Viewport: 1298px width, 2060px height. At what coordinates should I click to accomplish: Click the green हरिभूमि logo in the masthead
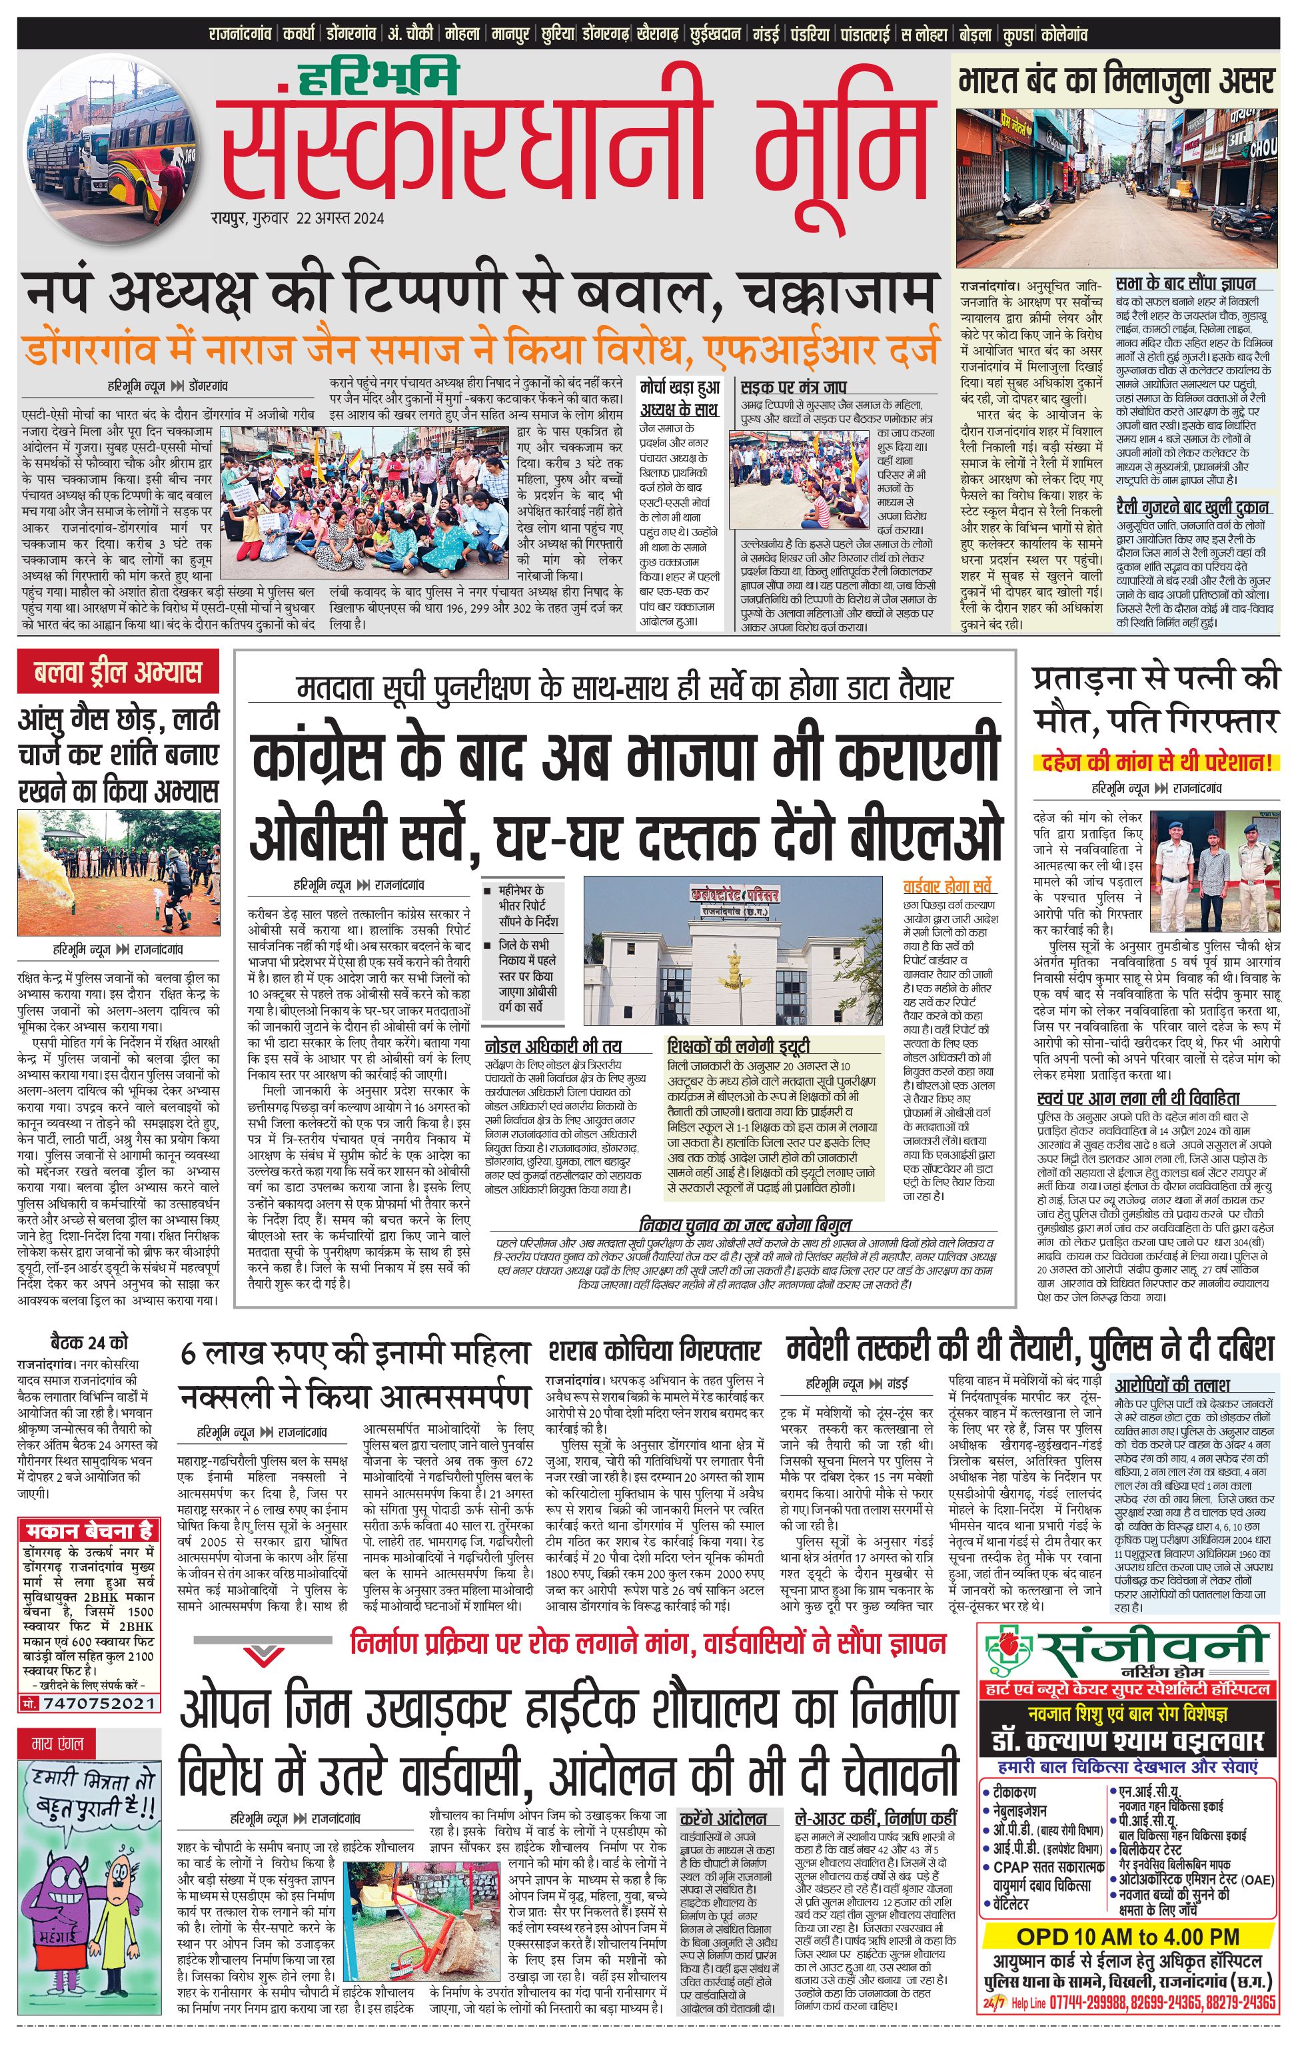(x=379, y=79)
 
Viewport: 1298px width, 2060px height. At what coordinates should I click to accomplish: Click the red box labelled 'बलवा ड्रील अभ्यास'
(x=118, y=673)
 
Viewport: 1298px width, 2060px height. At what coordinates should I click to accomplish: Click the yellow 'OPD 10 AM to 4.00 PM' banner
(x=1127, y=1937)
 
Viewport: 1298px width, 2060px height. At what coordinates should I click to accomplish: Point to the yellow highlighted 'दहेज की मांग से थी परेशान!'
(x=1155, y=761)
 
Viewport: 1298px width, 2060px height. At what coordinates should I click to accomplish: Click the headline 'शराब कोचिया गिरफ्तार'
(x=654, y=1351)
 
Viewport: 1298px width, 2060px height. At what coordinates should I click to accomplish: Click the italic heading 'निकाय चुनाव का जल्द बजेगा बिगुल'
(x=745, y=1224)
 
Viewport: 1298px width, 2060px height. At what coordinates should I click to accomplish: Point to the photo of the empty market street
(x=1117, y=187)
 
